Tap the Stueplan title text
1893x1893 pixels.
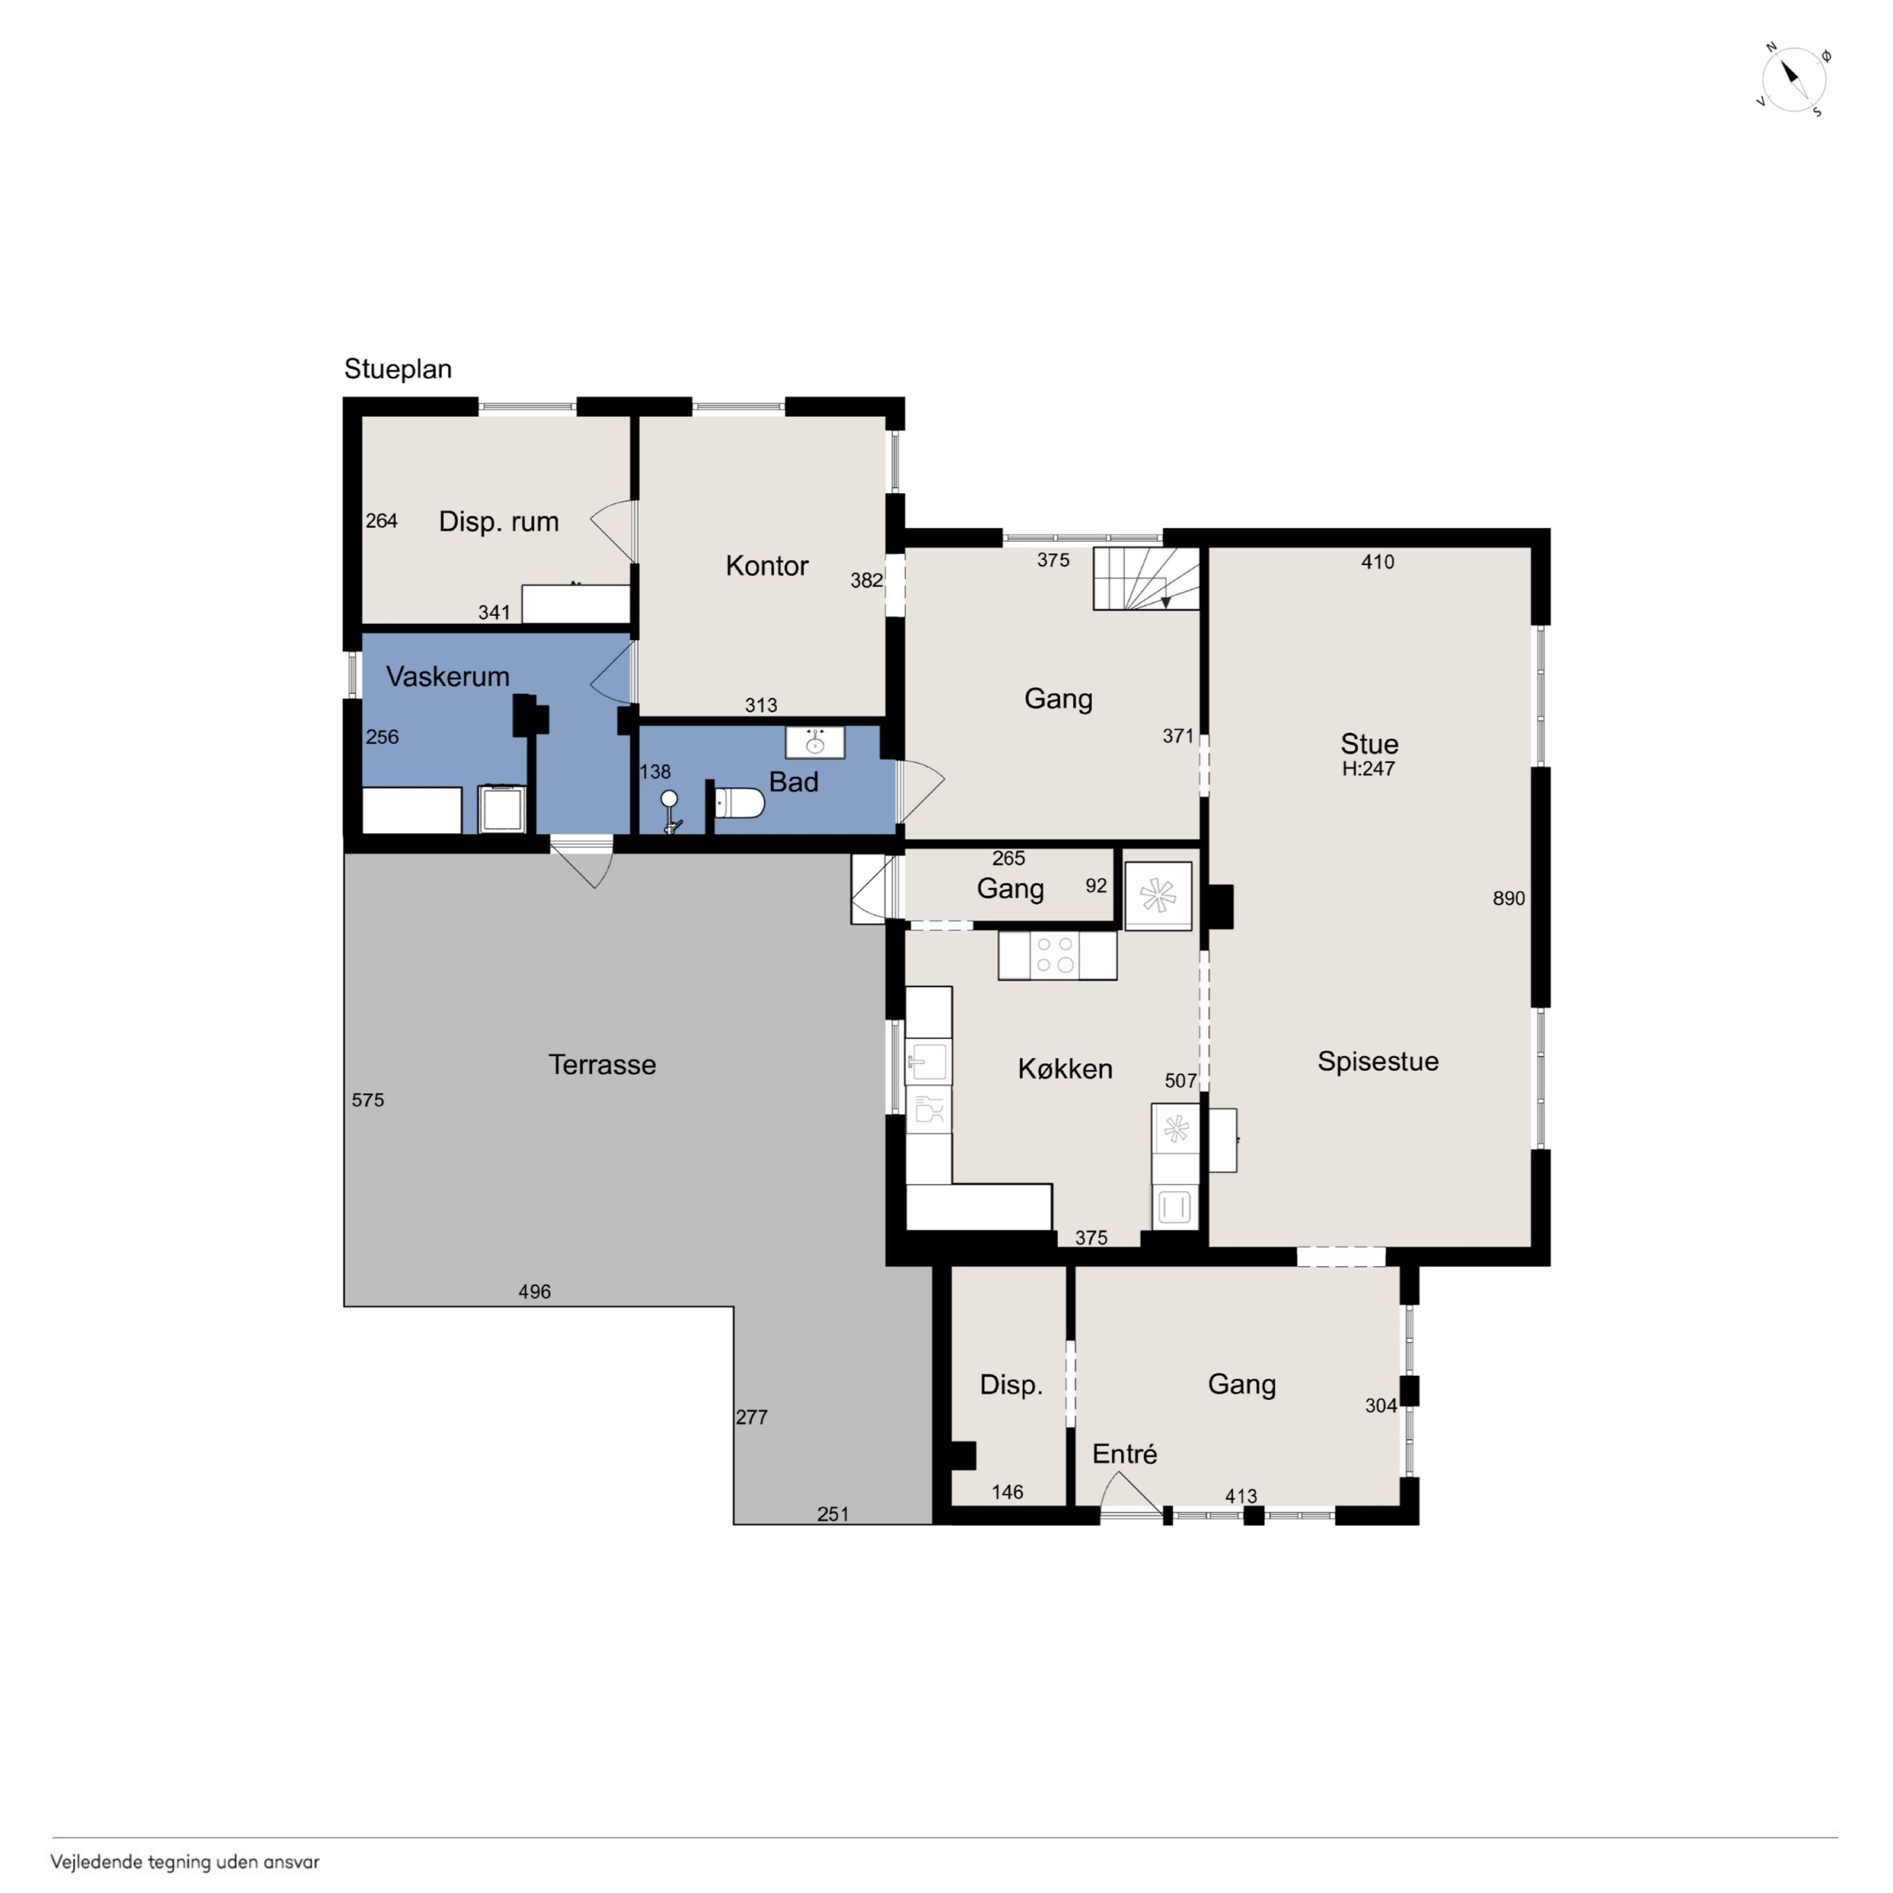coord(398,369)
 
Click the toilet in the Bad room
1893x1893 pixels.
coord(739,804)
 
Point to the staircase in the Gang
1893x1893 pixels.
coord(1147,578)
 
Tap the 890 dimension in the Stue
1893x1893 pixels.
coord(1508,898)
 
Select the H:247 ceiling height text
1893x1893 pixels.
coord(1368,768)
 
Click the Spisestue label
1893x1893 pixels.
coord(1378,1061)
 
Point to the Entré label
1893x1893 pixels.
coord(1124,1453)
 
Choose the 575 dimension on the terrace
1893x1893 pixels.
coord(368,1099)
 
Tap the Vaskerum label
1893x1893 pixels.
coord(447,676)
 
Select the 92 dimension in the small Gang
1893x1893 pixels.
coord(1096,886)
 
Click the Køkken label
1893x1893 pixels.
coord(1065,1068)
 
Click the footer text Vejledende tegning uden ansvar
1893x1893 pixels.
coord(185,1862)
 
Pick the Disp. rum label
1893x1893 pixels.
coord(499,521)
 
